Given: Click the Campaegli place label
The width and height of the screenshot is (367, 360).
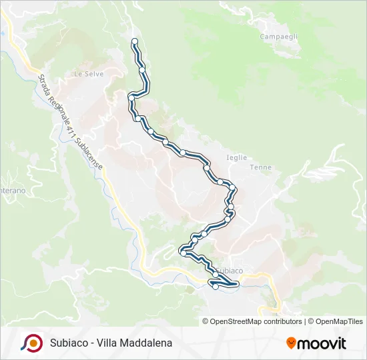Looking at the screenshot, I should point(278,36).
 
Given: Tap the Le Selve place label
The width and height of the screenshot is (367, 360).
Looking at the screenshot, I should point(89,74).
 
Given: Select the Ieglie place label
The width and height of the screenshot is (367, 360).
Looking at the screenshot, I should point(237,157).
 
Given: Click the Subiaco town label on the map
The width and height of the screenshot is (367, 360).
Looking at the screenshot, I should point(230,271).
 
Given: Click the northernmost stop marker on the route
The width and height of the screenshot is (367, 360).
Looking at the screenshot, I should point(135,42).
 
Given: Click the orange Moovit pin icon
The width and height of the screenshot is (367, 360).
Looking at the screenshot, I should point(291,343).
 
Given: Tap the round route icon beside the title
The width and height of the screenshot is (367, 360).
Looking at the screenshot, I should point(31,343).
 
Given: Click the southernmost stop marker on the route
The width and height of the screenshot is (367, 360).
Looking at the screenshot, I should point(216,287).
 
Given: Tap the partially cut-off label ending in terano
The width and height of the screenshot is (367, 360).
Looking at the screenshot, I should point(12,191).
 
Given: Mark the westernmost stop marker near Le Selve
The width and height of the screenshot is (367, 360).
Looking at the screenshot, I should point(131,98).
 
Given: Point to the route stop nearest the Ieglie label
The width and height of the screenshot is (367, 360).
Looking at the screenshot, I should point(208,165).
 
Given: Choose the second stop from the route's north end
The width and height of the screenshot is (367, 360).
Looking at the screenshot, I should point(142,69).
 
